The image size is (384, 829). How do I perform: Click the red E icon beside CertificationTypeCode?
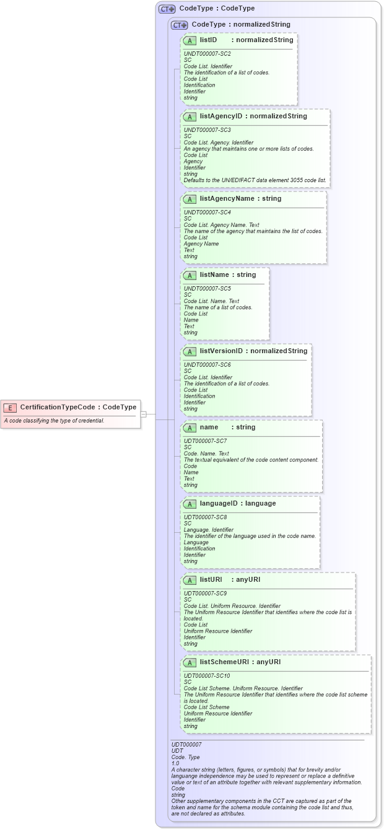[x=11, y=407]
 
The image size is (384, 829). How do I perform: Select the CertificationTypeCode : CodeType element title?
[x=78, y=407]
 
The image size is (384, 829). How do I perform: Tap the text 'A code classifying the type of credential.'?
[x=54, y=421]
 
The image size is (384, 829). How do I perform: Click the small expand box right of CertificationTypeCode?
[x=143, y=413]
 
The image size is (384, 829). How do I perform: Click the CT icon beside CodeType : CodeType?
[x=167, y=9]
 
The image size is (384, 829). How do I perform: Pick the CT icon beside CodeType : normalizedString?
[x=180, y=24]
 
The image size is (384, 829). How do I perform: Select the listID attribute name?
[x=208, y=40]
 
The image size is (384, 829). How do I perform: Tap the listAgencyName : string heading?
[x=240, y=198]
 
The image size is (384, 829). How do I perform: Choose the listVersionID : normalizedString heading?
[x=253, y=351]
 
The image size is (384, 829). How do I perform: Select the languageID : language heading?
[x=238, y=503]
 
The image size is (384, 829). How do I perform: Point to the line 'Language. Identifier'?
[x=209, y=530]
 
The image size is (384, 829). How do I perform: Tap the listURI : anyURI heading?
[x=230, y=579]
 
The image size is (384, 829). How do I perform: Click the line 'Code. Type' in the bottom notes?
[x=185, y=757]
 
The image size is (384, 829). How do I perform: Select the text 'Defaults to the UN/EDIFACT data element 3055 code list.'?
[x=255, y=180]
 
